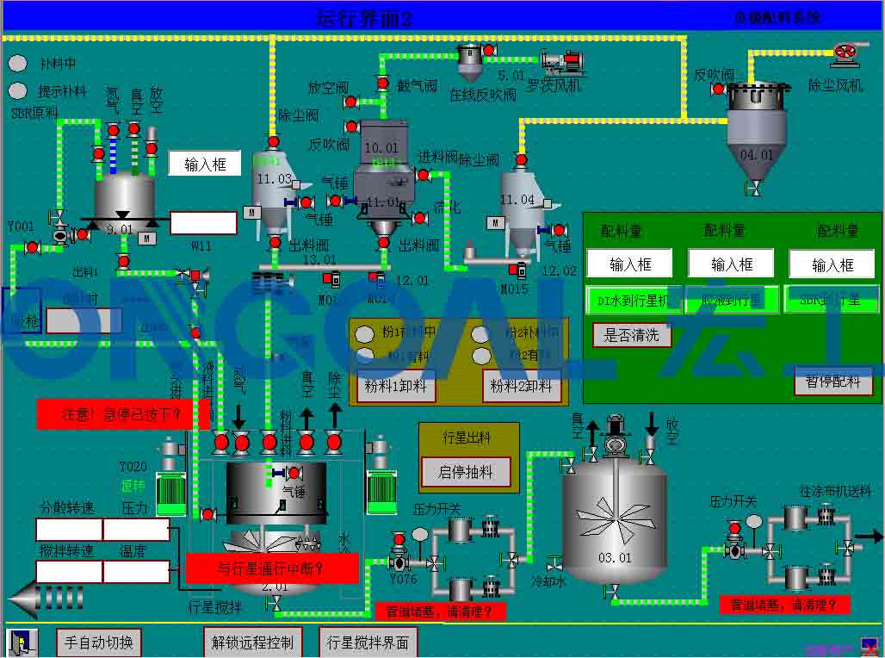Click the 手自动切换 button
click(x=99, y=642)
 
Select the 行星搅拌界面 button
click(x=368, y=642)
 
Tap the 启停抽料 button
click(x=466, y=472)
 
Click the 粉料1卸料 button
click(x=396, y=387)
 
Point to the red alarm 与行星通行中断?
click(x=272, y=568)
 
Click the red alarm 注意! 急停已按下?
click(x=122, y=414)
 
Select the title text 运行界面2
click(x=364, y=18)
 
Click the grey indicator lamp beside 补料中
click(x=17, y=63)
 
